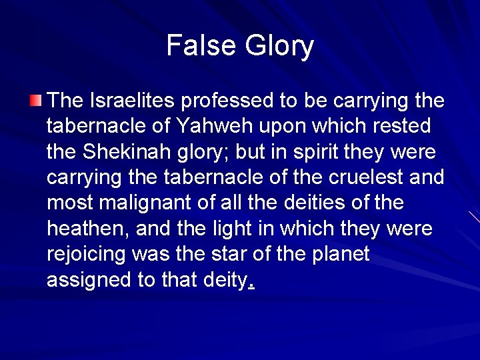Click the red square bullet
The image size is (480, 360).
(x=35, y=101)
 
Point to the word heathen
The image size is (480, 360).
(x=87, y=229)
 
